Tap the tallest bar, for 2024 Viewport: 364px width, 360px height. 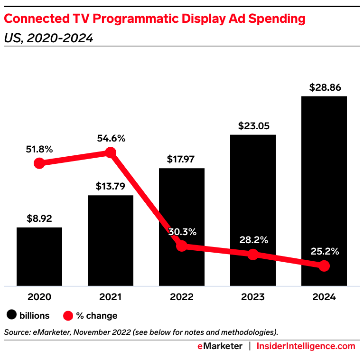[324, 180]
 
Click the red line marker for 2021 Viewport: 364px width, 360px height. [111, 152]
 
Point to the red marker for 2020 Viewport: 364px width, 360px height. [39, 163]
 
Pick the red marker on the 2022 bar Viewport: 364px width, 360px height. [182, 246]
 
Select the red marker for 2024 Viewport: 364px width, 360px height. [324, 266]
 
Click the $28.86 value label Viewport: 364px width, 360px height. [325, 87]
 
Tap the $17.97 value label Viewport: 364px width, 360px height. [182, 159]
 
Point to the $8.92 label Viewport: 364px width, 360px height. [39, 219]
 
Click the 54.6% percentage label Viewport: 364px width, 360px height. [111, 138]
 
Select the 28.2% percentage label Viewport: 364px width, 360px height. [253, 240]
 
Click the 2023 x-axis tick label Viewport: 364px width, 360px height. [253, 297]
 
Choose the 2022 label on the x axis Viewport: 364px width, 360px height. [182, 297]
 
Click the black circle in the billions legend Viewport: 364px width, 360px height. [11, 315]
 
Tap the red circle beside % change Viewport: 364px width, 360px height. [68, 315]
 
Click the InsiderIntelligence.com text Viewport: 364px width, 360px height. [306, 346]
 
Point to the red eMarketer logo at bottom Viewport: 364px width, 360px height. [220, 346]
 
